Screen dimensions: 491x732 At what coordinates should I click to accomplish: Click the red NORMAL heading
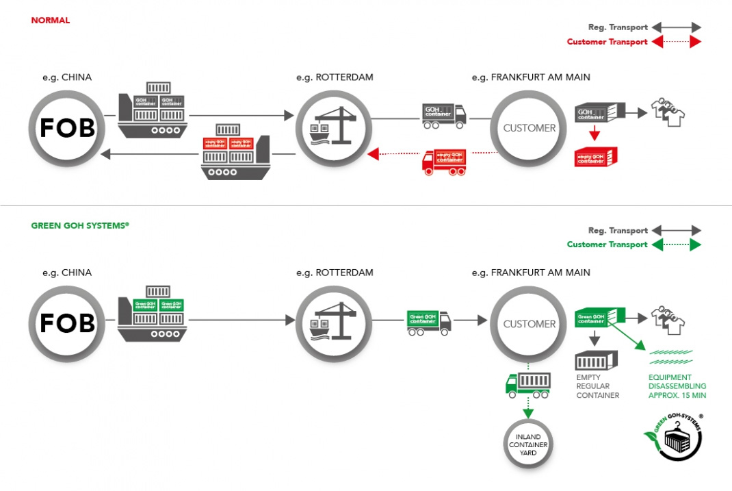[50, 21]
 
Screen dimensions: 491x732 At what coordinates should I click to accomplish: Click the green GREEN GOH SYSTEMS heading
[79, 225]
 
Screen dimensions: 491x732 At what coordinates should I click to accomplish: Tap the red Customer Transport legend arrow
[676, 42]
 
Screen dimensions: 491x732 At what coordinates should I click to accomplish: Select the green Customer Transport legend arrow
[676, 244]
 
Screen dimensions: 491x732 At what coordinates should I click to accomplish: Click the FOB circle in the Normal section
[67, 127]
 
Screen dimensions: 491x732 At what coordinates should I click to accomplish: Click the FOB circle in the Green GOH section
[67, 323]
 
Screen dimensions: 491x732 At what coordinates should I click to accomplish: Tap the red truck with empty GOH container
[445, 162]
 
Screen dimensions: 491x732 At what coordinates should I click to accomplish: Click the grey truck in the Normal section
[444, 116]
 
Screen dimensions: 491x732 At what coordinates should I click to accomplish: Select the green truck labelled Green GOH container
[429, 322]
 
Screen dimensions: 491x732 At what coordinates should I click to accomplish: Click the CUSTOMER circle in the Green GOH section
[529, 323]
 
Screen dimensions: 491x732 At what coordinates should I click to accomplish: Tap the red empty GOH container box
[595, 157]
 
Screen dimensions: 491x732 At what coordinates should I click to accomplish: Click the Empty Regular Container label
[597, 386]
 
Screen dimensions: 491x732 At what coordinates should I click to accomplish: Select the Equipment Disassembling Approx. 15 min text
[677, 386]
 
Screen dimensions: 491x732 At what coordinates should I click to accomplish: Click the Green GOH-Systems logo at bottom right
[675, 436]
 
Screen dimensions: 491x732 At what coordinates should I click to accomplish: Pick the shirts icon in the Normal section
[668, 112]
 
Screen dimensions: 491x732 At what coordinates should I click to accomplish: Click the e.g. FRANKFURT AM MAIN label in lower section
[530, 273]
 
